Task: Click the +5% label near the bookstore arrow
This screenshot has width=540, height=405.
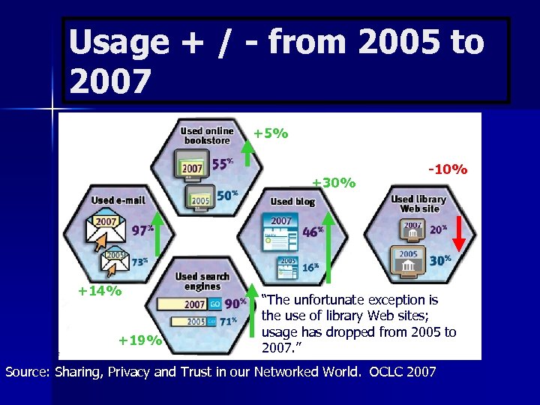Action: click(x=271, y=134)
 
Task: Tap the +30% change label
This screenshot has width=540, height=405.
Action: click(x=334, y=182)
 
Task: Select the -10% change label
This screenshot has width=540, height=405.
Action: click(x=448, y=169)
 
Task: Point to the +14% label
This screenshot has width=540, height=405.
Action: click(x=100, y=291)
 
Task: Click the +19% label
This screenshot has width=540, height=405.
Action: click(x=140, y=340)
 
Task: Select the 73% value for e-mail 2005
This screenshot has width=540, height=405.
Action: click(x=139, y=261)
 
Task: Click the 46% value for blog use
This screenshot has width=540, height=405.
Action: click(x=313, y=232)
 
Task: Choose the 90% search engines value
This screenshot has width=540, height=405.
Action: click(x=235, y=303)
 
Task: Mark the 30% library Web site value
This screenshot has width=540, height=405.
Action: click(x=439, y=259)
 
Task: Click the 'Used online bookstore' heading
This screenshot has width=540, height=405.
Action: click(x=206, y=136)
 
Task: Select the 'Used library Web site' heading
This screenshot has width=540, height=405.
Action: click(x=418, y=203)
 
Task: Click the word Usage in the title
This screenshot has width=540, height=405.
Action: click(x=118, y=42)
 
